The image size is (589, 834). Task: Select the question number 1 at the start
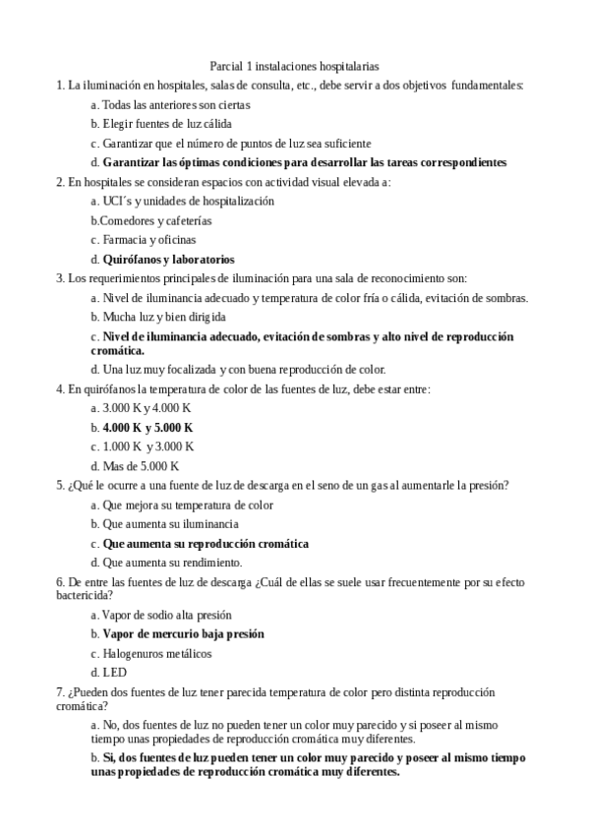tap(61, 86)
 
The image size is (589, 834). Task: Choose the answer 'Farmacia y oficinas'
tap(148, 240)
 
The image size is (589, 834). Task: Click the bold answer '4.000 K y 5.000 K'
tap(147, 428)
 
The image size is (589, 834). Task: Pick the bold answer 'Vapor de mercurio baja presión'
tap(183, 634)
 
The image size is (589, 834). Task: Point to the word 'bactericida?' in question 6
tap(85, 595)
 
